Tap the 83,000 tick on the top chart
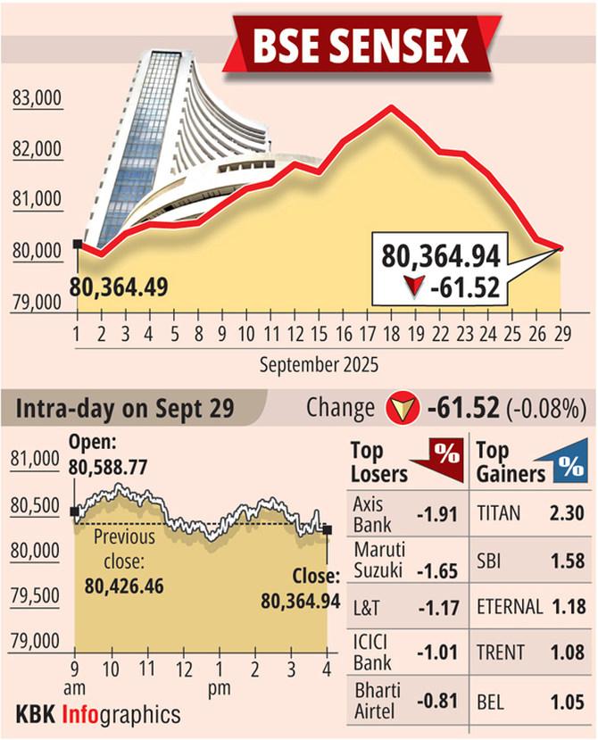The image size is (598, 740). click(x=37, y=99)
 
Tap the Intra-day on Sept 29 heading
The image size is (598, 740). click(x=124, y=409)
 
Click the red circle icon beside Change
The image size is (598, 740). click(x=401, y=410)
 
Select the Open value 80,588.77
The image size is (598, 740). click(x=109, y=465)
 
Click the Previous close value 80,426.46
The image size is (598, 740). click(x=123, y=586)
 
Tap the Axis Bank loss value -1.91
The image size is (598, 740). click(x=436, y=515)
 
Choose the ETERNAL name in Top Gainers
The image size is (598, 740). click(x=510, y=608)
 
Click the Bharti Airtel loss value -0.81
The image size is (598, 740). click(x=436, y=702)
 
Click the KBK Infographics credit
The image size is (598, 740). click(x=98, y=714)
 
